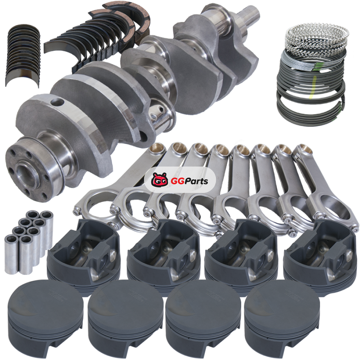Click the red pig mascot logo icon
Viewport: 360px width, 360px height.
(x=159, y=180)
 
